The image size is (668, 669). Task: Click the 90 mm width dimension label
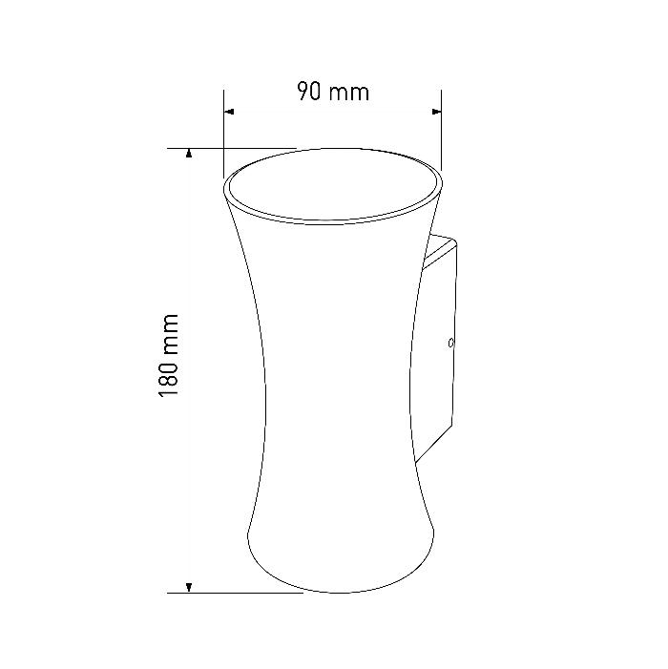click(x=333, y=92)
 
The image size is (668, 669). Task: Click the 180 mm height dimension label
click(x=168, y=356)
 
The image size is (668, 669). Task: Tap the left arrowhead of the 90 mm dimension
click(x=229, y=112)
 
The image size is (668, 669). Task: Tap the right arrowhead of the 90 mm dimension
click(x=436, y=112)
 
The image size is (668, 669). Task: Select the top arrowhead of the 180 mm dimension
click(x=189, y=153)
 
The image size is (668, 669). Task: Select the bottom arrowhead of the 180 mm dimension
click(x=189, y=588)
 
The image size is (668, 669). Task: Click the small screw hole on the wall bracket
click(x=450, y=343)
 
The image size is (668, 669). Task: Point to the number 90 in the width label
click(x=309, y=92)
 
